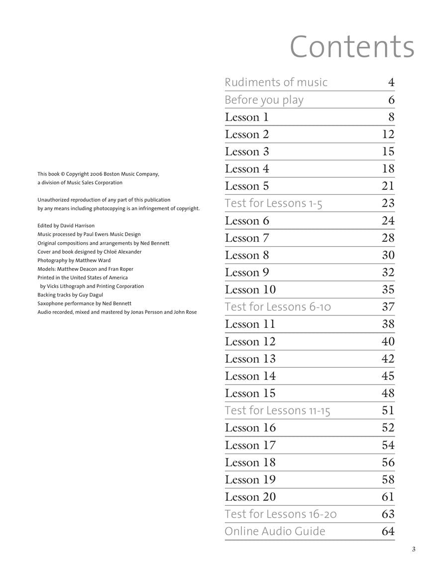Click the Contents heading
351,47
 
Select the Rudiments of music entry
276,82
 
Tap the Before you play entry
264,100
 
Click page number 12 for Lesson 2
388,134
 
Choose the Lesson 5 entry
247,186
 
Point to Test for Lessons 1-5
273,203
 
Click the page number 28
388,238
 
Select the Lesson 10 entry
250,289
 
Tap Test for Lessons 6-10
278,307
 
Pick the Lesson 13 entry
250,359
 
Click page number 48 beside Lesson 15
388,393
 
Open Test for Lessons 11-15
277,411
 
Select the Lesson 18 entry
250,462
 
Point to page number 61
388,497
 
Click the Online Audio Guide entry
275,531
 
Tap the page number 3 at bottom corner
413,550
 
